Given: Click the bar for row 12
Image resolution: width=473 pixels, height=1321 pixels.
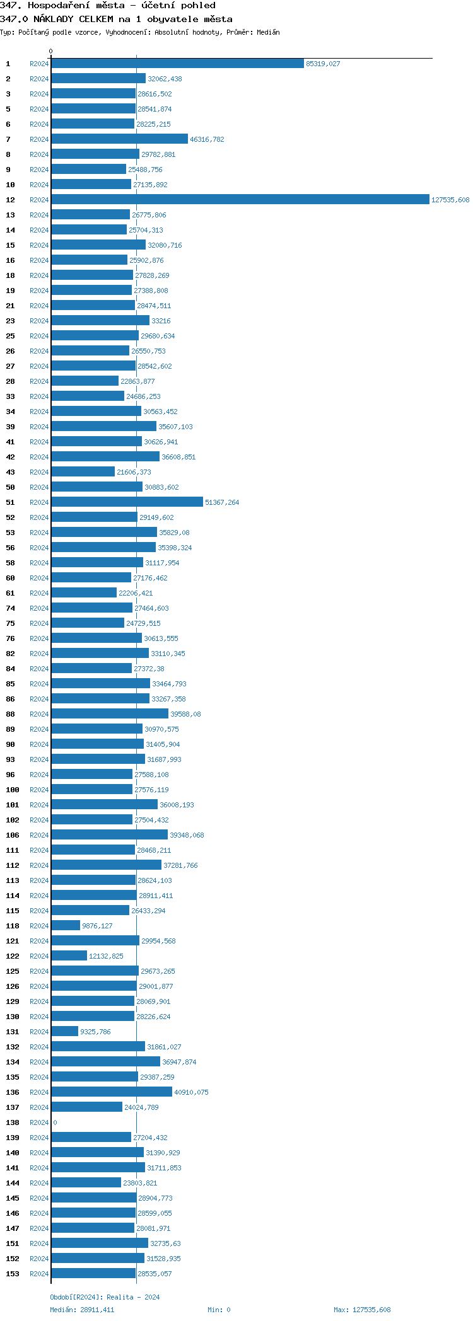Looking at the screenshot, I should (x=240, y=200).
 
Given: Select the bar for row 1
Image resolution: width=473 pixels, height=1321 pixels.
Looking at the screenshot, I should (x=177, y=64).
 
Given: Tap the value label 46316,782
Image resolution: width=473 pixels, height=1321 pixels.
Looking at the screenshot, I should (x=207, y=139).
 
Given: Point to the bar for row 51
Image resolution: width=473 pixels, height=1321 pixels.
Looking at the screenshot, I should (x=127, y=502).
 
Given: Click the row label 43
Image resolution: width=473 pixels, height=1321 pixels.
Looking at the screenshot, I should (x=11, y=472).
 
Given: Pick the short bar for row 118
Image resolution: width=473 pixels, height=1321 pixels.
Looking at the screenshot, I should (x=66, y=926).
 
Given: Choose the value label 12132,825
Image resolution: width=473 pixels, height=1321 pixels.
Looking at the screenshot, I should (x=106, y=956).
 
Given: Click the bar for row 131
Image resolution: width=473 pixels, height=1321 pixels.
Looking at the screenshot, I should (x=64, y=1032).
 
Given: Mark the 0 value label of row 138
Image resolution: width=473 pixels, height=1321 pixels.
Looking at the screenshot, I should (x=55, y=1122).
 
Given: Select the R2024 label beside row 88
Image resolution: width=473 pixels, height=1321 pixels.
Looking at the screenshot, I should (x=39, y=714).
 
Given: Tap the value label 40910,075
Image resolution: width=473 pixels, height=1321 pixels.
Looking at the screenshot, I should (x=191, y=1092).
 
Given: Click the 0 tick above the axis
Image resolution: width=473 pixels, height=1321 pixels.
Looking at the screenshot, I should (x=51, y=51).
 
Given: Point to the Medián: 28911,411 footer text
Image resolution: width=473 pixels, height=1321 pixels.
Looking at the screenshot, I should (x=82, y=1310).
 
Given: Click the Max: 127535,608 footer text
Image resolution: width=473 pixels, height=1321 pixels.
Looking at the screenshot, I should (x=362, y=1310).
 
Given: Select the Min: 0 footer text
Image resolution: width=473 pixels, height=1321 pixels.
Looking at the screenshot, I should (x=219, y=1310).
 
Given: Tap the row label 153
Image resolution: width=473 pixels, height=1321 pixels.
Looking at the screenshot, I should (x=13, y=1274).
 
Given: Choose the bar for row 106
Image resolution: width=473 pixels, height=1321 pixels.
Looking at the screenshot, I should (x=109, y=835).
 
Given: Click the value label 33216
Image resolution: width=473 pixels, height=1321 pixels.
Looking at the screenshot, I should (x=161, y=321).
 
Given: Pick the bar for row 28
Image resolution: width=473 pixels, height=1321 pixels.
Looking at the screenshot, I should (x=85, y=381).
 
